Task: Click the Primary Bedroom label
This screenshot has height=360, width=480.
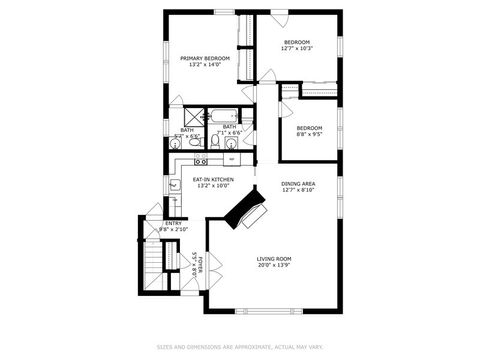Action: pyautogui.click(x=205, y=58)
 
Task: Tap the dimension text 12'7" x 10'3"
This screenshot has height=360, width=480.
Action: pyautogui.click(x=297, y=48)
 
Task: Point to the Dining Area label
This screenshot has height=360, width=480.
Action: pyautogui.click(x=298, y=184)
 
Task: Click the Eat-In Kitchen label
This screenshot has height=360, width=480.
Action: pyautogui.click(x=214, y=179)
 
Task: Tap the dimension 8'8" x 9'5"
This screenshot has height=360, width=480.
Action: pyautogui.click(x=309, y=134)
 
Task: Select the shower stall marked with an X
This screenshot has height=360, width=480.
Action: pyautogui.click(x=193, y=114)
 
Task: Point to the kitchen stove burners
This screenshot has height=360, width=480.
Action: pyautogui.click(x=187, y=161)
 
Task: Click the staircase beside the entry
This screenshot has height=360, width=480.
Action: pyautogui.click(x=153, y=264)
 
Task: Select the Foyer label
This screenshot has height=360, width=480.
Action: pyautogui.click(x=200, y=263)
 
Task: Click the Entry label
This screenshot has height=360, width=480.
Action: pyautogui.click(x=173, y=223)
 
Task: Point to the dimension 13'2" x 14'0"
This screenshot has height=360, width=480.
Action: pyautogui.click(x=205, y=65)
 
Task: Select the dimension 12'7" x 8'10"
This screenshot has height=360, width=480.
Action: pyautogui.click(x=298, y=190)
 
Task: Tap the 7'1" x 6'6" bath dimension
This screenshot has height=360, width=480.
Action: pyautogui.click(x=229, y=132)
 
